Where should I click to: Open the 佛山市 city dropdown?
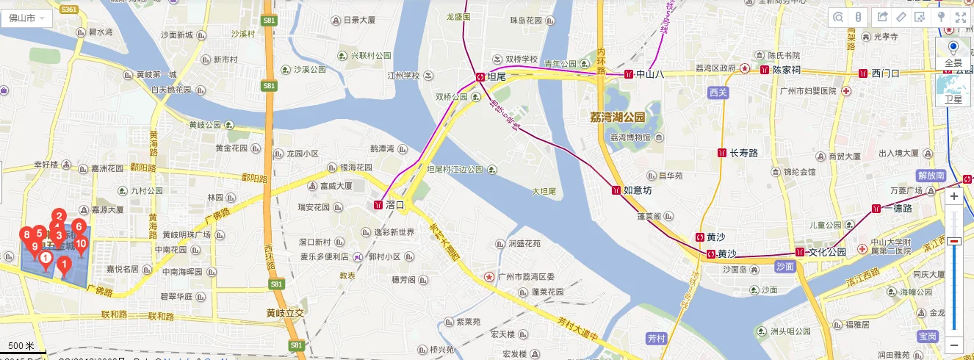[x=26, y=17]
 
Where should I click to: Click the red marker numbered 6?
[x=78, y=227]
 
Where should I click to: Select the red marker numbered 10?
[x=82, y=243]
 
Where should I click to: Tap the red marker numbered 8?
[x=26, y=234]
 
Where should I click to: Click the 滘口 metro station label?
[x=394, y=205]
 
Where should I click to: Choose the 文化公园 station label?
[x=826, y=252]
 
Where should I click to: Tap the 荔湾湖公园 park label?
[x=617, y=118]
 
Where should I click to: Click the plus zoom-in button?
[x=954, y=197]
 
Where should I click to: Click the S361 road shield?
[x=69, y=8]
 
